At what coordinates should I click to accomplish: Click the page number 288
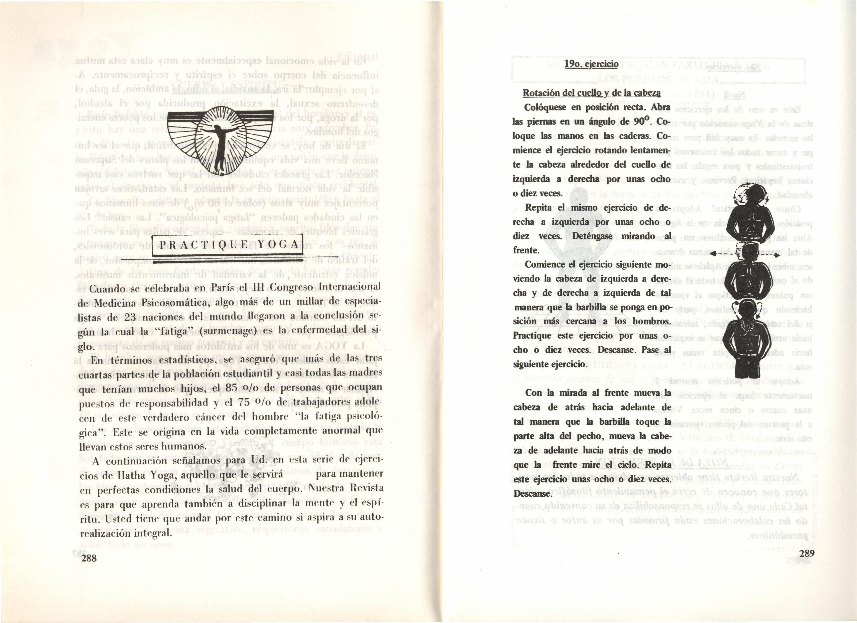[x=89, y=558]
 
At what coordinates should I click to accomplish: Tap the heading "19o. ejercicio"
[x=591, y=64]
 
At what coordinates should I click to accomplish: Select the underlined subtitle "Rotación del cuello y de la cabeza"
[x=591, y=93]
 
